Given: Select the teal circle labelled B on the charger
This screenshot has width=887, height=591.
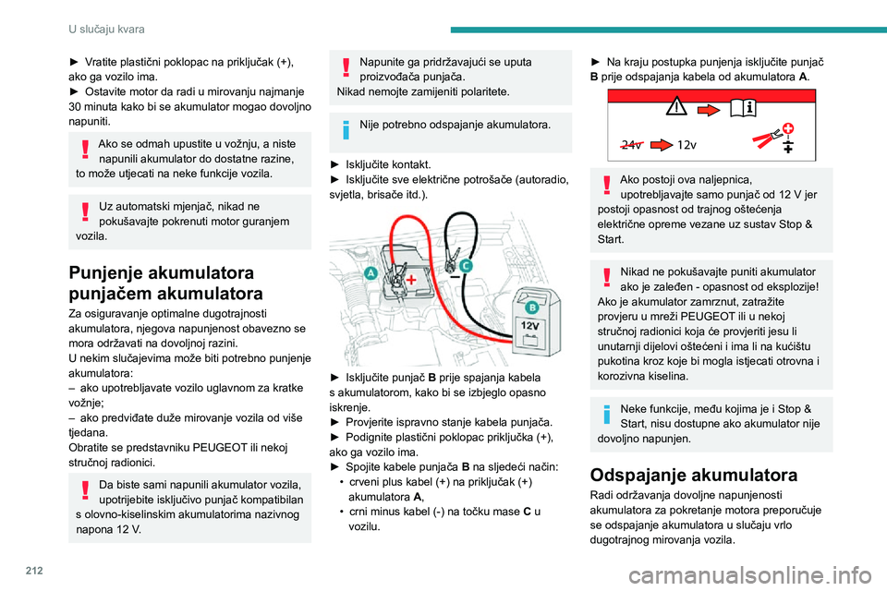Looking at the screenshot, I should (x=532, y=305).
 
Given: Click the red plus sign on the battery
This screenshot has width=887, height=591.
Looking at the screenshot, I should (x=407, y=278).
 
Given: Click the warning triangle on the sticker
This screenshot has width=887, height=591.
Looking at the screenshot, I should (x=679, y=107).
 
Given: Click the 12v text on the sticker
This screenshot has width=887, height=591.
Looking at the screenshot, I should (x=687, y=145).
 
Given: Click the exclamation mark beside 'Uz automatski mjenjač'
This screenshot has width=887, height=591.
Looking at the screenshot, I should (x=86, y=212).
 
